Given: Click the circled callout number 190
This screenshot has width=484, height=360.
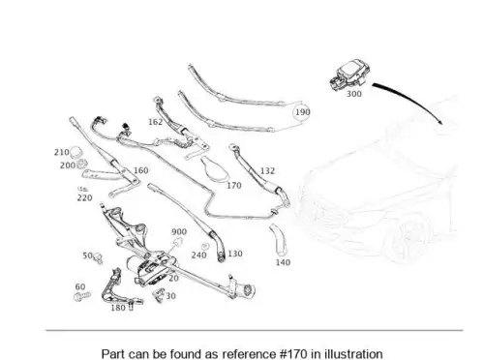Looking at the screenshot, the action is [x=302, y=112].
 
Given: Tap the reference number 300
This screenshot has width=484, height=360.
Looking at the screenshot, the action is [x=354, y=94].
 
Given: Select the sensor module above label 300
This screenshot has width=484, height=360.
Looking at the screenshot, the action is [x=348, y=75].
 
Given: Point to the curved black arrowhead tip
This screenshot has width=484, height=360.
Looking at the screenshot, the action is [x=441, y=124].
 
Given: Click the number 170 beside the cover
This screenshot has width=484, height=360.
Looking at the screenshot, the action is [x=234, y=186].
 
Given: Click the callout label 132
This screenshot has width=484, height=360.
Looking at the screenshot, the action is [x=267, y=171].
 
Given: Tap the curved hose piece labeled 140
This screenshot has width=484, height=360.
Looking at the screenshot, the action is [x=279, y=239].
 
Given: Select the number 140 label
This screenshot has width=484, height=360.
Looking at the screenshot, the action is [x=283, y=262].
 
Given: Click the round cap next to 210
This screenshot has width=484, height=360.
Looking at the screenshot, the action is [x=76, y=152].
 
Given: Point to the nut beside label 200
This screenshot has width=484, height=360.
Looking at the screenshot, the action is [x=81, y=164].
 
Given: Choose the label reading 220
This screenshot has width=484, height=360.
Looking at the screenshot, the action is [x=84, y=197].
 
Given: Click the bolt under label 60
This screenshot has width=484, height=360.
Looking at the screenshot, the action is [x=82, y=296].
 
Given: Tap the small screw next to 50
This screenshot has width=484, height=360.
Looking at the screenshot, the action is [x=98, y=258].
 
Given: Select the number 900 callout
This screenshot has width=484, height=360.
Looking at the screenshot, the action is [x=179, y=231].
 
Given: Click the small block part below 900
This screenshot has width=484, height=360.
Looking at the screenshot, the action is [x=178, y=242].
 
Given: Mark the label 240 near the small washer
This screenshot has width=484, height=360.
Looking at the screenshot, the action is [x=198, y=255].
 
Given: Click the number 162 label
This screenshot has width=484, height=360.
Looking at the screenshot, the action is [x=155, y=122].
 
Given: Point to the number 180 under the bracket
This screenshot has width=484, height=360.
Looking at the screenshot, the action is [x=118, y=308].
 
